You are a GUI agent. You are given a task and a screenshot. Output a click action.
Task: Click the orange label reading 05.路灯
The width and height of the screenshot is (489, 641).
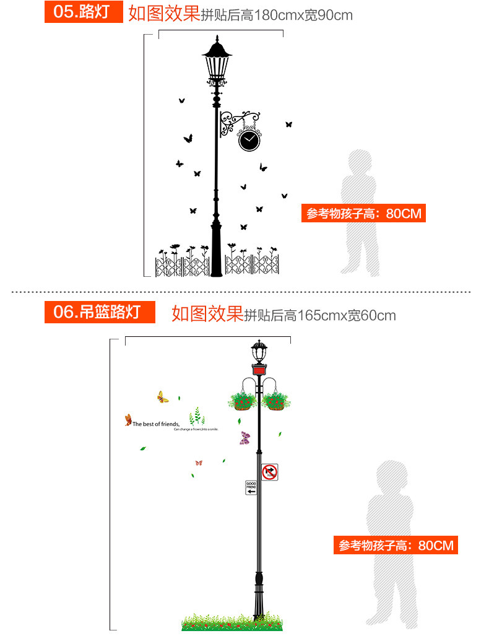tap(83, 12)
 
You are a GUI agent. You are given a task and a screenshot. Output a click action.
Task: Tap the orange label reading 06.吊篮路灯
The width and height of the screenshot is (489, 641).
tap(99, 312)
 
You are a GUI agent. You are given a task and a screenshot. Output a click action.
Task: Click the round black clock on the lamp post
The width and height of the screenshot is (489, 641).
tap(249, 140)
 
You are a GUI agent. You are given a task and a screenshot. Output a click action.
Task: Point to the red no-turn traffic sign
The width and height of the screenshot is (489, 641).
tap(269, 472)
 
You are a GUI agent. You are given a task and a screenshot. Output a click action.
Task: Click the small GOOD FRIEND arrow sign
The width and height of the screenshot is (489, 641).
tap(251, 487)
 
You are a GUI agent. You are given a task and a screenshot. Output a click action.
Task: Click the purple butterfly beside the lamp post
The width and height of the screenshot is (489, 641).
tap(245, 438)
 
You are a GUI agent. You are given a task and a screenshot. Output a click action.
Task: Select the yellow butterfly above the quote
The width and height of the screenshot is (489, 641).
tap(163, 397)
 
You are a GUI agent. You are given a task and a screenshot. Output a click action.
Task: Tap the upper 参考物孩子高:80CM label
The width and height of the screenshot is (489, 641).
tap(364, 214)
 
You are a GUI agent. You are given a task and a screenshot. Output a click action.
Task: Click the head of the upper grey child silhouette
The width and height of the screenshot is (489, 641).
tap(360, 162)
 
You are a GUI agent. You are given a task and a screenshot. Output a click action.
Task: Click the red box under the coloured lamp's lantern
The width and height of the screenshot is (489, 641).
tap(259, 369)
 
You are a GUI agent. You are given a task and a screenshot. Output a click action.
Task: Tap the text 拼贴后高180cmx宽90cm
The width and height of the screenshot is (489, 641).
tap(277, 15)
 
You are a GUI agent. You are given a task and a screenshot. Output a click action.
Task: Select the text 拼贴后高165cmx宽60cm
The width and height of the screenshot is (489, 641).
tap(320, 315)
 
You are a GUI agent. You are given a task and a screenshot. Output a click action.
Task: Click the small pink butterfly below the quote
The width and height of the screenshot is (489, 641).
tap(199, 463)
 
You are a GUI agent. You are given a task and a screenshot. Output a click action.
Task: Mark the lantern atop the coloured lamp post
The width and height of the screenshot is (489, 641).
tap(259, 352)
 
